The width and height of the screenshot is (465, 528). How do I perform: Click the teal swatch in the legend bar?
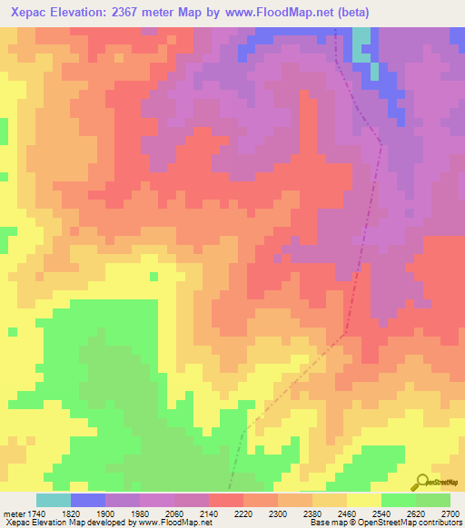(x=54, y=500)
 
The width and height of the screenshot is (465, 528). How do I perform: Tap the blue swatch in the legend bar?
(x=88, y=500)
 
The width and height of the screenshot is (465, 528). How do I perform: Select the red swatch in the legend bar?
(x=225, y=500)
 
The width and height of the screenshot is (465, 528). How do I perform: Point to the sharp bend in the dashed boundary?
(x=344, y=334)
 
